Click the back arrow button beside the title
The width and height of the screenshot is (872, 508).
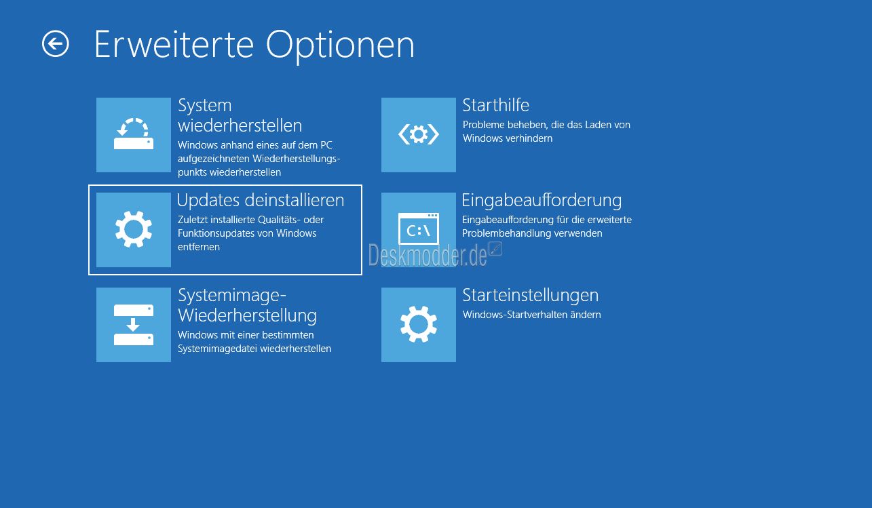coord(55,43)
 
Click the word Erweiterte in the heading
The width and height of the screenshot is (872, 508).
coord(174,45)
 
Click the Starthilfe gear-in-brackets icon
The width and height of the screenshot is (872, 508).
coord(419,134)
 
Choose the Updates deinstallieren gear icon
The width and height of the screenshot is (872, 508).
coord(134,229)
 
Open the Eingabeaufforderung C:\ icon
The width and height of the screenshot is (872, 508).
coord(419,229)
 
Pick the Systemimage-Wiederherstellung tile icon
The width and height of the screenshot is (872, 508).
coord(134,324)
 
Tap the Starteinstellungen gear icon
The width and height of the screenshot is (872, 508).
coord(419,324)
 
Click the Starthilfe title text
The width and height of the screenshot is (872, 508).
coord(495,105)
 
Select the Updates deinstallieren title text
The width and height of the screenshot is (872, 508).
coord(261,200)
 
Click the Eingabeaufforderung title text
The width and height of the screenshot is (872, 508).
coord(542,201)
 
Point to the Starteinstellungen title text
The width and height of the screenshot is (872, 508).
coord(530,296)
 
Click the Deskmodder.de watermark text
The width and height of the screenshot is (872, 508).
coord(428,255)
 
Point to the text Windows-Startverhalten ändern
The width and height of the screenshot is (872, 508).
coord(532,314)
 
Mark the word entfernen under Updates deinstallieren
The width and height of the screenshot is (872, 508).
coord(199,247)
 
